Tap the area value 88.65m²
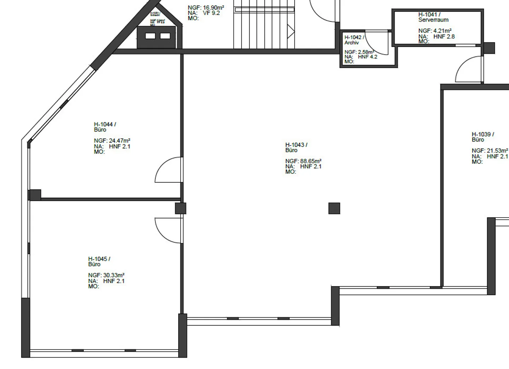[311, 161]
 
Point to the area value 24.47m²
[119, 140]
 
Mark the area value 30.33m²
[113, 275]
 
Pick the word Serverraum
[433, 20]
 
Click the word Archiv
[352, 42]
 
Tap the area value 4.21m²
[442, 31]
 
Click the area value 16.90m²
[213, 7]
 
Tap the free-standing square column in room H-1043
[334, 208]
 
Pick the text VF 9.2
[211, 13]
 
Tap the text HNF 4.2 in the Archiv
[368, 57]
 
